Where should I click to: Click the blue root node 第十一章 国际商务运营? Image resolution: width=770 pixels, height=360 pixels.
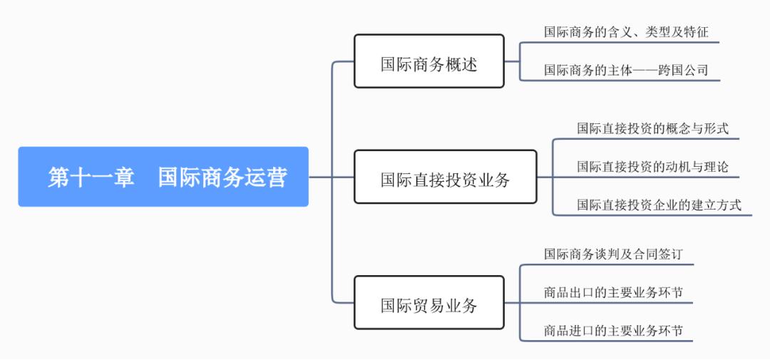163,177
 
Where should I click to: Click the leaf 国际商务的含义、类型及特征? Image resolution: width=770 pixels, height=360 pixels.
626,32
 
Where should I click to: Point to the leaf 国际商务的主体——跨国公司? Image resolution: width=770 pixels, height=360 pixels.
626,70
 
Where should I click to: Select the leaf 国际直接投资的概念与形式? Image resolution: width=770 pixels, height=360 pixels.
652,129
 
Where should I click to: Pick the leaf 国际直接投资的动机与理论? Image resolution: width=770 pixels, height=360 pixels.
652,167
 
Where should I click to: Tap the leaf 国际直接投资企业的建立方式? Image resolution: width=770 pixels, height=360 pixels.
659,205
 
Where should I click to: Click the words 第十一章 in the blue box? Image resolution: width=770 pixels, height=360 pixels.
91,177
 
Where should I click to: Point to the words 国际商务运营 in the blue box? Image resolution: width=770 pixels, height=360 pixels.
222,177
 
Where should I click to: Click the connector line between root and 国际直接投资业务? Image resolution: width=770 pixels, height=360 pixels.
332,177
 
